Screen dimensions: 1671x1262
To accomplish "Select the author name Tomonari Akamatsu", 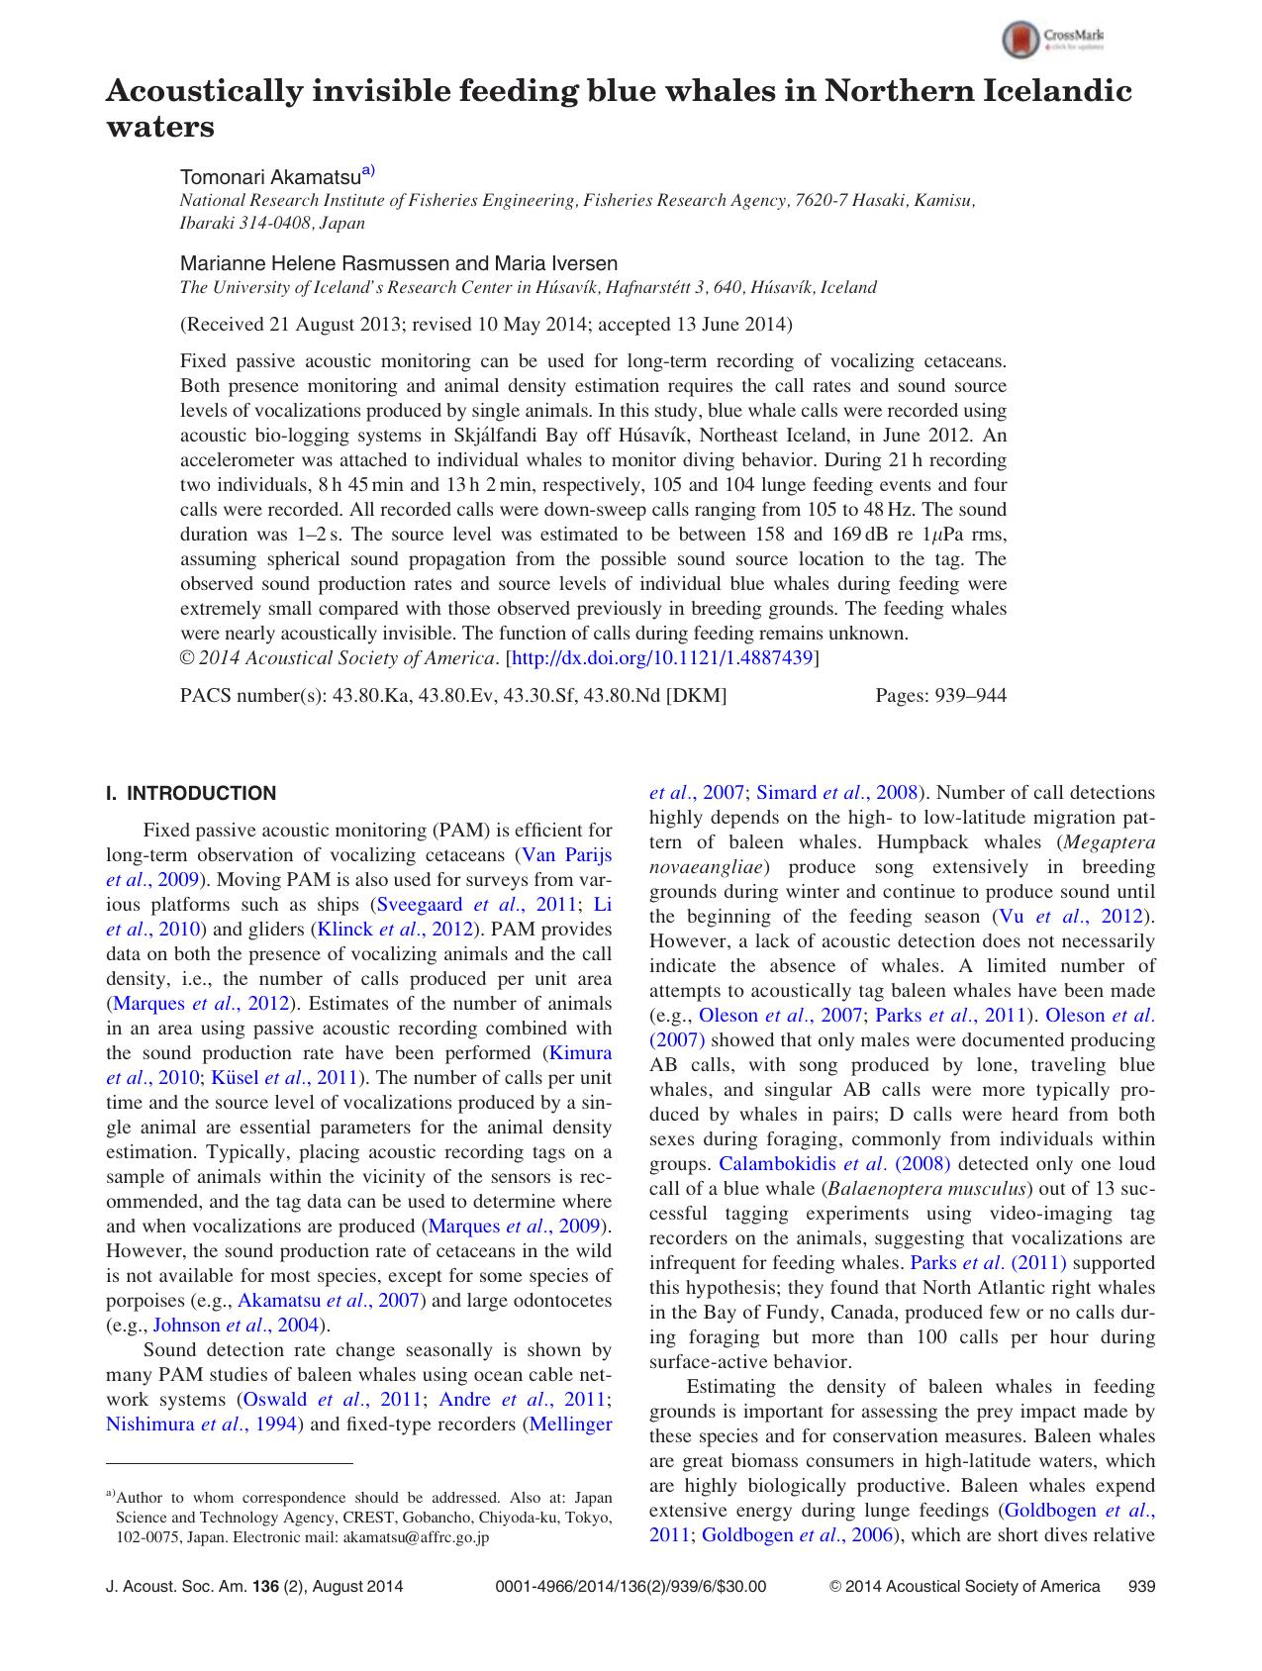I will (269, 177).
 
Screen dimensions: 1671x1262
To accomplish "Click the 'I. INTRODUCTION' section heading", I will (191, 793).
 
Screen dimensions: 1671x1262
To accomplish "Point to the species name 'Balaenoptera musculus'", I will (926, 1189).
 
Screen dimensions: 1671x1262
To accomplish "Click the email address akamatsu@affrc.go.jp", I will (416, 1538).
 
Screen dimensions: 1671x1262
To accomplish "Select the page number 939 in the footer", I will (1141, 1587).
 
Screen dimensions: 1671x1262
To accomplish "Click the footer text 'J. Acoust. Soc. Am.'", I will (176, 1587).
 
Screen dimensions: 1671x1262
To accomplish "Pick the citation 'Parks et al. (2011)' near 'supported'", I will (987, 1263).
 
